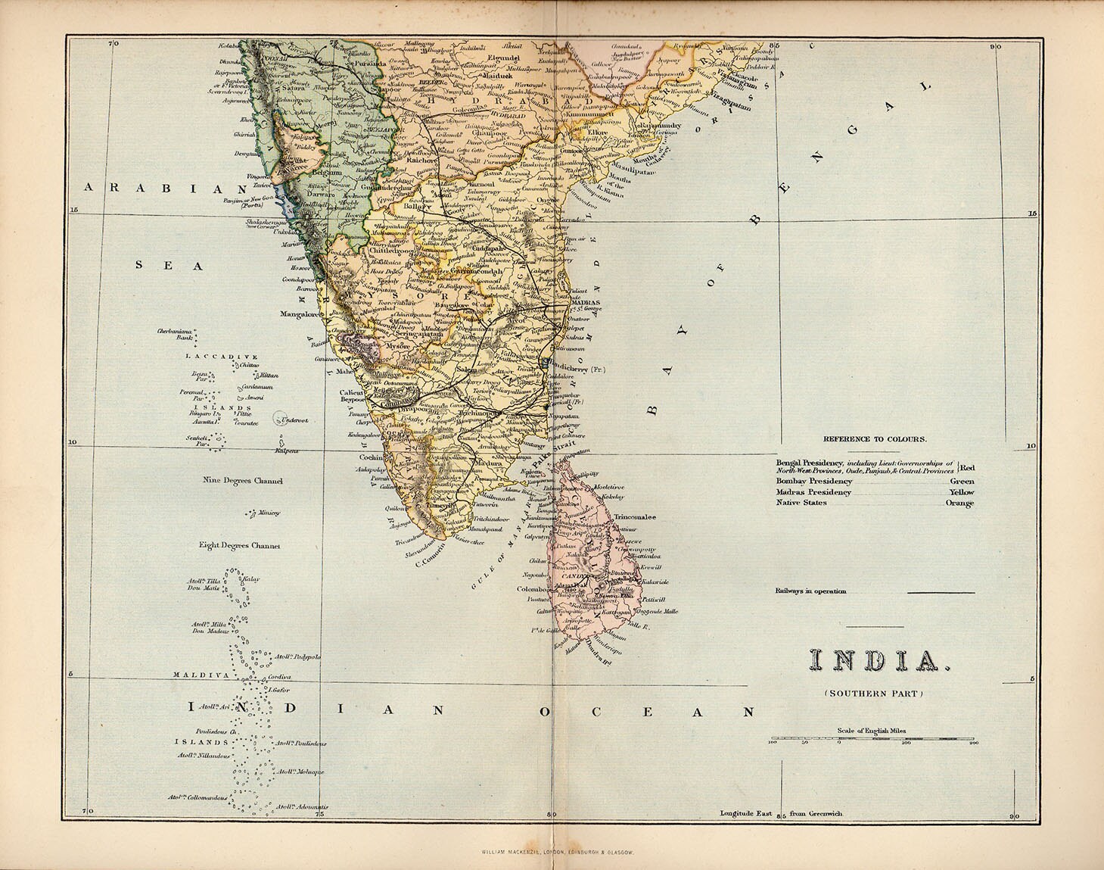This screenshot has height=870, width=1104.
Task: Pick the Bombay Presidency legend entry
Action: pos(814,481)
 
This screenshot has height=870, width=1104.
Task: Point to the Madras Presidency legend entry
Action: pos(813,492)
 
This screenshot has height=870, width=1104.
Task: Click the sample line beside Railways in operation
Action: pos(941,592)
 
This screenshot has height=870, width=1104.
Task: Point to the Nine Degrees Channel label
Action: pos(242,481)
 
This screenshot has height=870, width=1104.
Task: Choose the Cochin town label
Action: pos(372,457)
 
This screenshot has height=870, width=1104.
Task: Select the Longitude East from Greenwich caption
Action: pos(781,814)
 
